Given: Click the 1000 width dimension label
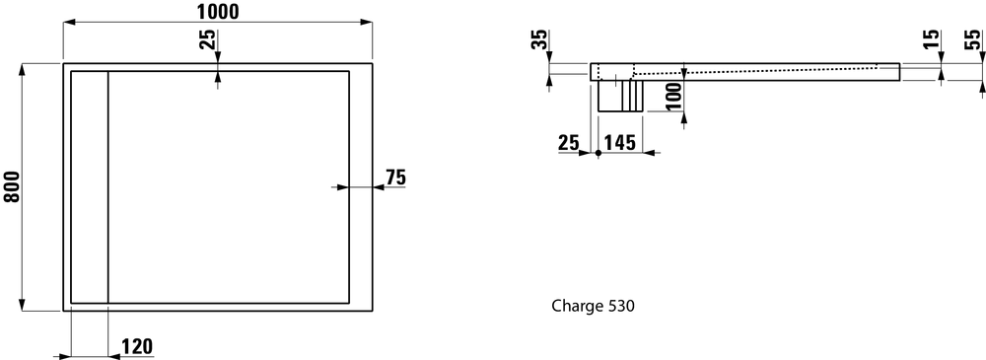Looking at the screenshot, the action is (218, 11).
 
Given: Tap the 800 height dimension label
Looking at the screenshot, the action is (13, 187).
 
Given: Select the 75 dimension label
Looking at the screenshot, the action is (396, 179).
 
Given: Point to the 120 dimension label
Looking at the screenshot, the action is (136, 347).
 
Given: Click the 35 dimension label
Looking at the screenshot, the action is (539, 39).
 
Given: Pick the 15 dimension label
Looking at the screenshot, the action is (932, 39).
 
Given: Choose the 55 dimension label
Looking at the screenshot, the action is (972, 39).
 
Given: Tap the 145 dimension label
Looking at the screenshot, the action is (619, 143).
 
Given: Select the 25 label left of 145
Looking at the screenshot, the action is (569, 143).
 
